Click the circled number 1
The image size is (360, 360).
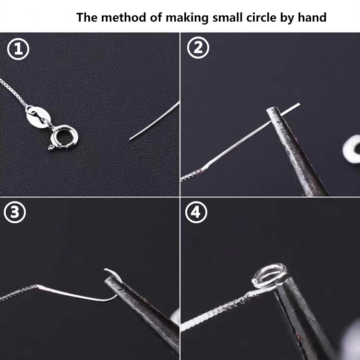(18, 49)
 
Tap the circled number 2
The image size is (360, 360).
(198, 48)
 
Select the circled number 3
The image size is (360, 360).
(15, 212)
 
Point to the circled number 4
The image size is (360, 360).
(196, 212)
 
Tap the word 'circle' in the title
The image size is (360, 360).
(261, 17)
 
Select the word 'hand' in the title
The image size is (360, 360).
(312, 17)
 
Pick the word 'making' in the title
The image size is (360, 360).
(187, 18)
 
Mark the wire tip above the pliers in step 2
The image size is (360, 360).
(299, 105)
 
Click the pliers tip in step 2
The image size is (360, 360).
(273, 110)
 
